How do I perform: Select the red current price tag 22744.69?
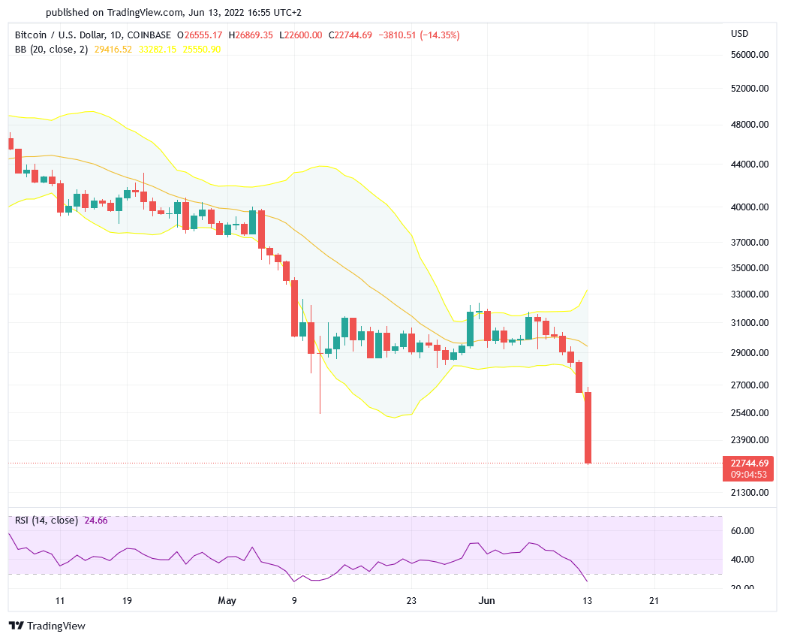point(749,463)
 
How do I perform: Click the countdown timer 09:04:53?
point(749,474)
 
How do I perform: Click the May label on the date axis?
point(227,601)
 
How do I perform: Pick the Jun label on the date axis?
point(486,601)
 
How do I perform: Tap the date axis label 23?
point(411,601)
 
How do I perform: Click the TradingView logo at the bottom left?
point(47,626)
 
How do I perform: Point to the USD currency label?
point(740,34)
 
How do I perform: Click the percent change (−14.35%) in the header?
point(433,35)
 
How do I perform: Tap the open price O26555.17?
point(200,35)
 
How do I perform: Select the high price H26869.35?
point(251,35)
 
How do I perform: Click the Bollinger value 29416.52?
point(112,50)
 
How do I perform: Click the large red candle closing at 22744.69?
point(588,427)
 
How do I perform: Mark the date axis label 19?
point(127,601)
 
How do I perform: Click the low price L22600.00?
point(301,35)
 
